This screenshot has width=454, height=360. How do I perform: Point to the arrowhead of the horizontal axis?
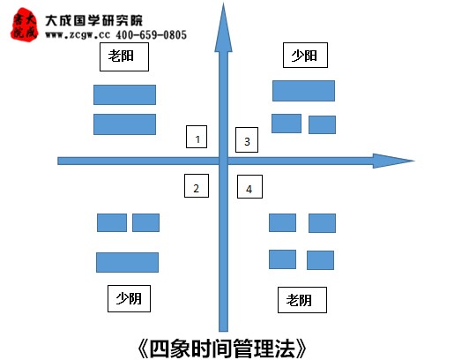point(394,161)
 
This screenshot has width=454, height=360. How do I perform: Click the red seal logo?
point(25,25)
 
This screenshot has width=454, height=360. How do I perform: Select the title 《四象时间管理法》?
point(222,349)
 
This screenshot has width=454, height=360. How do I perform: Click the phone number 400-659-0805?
point(151,35)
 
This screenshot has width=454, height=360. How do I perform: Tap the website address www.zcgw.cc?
point(78,35)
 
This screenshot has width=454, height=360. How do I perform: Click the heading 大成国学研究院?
point(93,20)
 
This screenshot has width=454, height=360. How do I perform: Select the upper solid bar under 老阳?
point(124,94)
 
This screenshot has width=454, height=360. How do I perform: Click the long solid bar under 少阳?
point(303,91)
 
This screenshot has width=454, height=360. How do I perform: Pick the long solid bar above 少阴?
point(127,262)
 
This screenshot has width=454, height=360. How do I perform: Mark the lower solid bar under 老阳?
point(124,124)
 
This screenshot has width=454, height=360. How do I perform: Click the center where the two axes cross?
point(223,161)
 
